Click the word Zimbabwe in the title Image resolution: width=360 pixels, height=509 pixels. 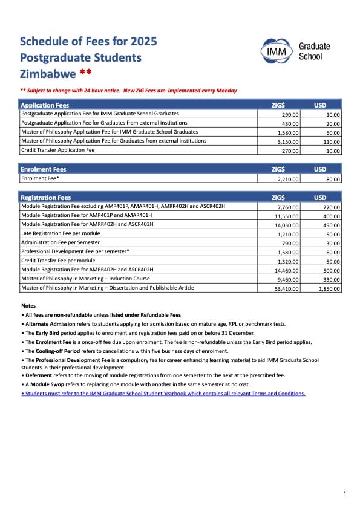pos(48,74)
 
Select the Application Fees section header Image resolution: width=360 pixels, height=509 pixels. pos(45,105)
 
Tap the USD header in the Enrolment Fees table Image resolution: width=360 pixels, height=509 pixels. pos(320,169)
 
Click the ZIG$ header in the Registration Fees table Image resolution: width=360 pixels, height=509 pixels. pos(278,198)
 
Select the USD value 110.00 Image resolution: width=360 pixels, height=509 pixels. pos(330,141)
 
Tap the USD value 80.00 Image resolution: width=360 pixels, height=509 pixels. pos(332,179)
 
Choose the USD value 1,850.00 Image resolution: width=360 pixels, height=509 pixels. pos(329,288)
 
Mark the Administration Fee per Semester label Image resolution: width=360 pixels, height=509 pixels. pos(61,242)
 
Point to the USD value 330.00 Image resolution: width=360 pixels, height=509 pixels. pos(331,279)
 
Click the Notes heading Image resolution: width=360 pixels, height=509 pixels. pos(28,306)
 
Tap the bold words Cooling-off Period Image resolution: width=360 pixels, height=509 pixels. pos(56,351)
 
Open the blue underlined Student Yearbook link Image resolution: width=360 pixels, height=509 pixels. pos(163,394)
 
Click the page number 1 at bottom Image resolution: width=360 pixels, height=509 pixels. pos(344,494)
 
